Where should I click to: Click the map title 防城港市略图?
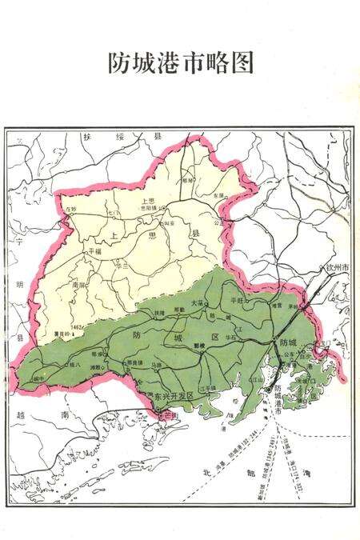point(180,63)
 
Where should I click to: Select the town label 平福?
point(94,250)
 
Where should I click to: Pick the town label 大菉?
point(201,302)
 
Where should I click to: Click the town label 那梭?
point(201,346)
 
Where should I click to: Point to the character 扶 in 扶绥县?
point(86,137)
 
